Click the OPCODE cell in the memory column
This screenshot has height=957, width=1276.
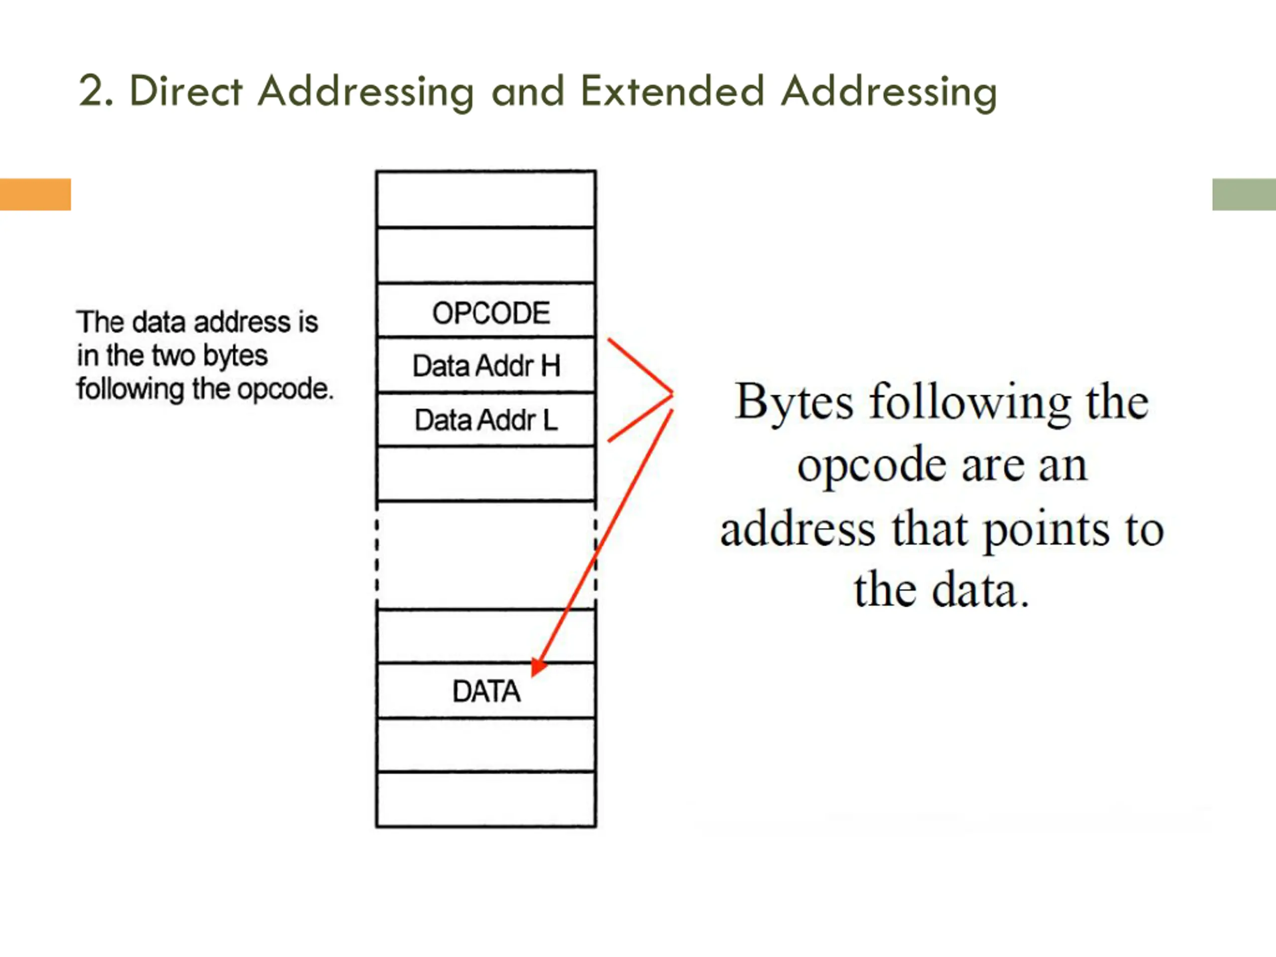(490, 313)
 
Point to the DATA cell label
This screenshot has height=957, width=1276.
(486, 691)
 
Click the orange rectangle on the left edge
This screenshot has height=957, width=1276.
(34, 194)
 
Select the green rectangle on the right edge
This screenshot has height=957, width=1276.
(1244, 194)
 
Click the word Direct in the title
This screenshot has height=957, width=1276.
(186, 91)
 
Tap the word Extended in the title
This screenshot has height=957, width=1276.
(672, 91)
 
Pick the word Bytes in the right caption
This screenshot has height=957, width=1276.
(794, 402)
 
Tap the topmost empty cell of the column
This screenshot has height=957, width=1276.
(485, 199)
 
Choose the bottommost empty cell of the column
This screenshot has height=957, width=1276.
(485, 799)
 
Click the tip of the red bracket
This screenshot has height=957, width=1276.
(672, 393)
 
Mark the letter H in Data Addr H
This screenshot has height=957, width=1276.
(550, 366)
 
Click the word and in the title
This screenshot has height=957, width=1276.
(527, 91)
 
